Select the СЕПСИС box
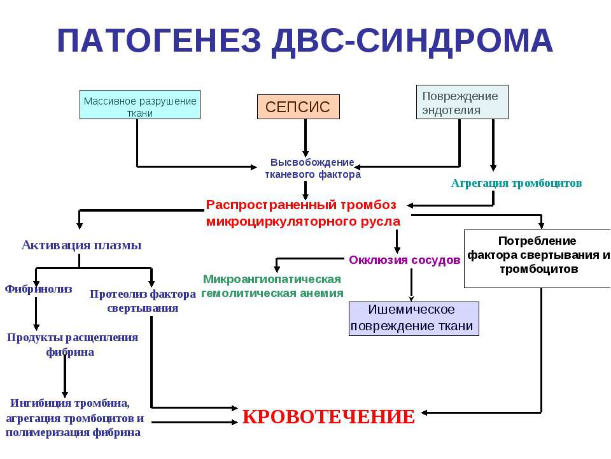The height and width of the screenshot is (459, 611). tap(298, 106)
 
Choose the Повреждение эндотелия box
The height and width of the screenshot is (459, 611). tap(462, 102)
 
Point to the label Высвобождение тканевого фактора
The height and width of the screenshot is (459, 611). tap(313, 168)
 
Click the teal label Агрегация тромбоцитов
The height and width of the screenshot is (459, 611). tap(516, 183)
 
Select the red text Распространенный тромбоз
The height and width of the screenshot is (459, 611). tap(301, 205)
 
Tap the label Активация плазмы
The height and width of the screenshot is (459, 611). tap(81, 245)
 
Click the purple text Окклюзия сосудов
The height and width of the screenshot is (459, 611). tap(404, 260)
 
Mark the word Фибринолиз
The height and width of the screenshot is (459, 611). tap(39, 289)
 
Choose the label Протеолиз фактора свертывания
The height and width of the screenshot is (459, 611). tap(143, 301)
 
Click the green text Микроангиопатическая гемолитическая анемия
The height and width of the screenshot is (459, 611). tap(272, 286)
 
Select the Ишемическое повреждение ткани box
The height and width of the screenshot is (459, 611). tap(413, 318)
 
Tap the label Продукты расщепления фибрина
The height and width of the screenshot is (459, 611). tap(72, 344)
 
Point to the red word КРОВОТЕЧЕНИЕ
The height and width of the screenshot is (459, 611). tap(328, 417)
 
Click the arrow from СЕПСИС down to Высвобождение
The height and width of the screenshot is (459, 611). tap(306, 138)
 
